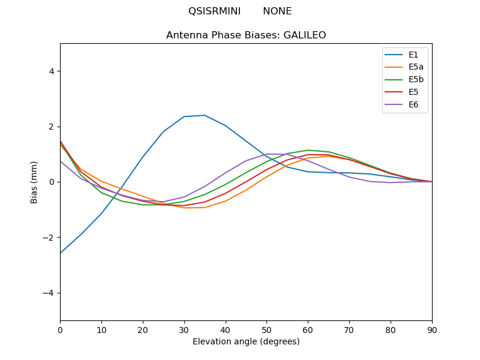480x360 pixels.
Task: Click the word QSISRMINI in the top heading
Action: tap(214, 11)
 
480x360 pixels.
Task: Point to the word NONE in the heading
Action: tap(277, 11)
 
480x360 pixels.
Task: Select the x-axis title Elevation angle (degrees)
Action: tap(246, 342)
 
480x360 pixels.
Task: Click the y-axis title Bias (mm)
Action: tap(34, 182)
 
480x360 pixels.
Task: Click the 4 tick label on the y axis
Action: tap(52, 71)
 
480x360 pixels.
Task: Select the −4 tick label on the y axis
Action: tap(49, 293)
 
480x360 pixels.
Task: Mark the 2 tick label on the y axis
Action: tap(52, 127)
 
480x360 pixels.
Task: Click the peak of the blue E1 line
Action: tap(205, 115)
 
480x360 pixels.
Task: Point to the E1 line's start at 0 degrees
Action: tap(61, 253)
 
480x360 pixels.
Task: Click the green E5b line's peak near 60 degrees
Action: tap(308, 150)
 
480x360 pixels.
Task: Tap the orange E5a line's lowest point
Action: tap(194, 208)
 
